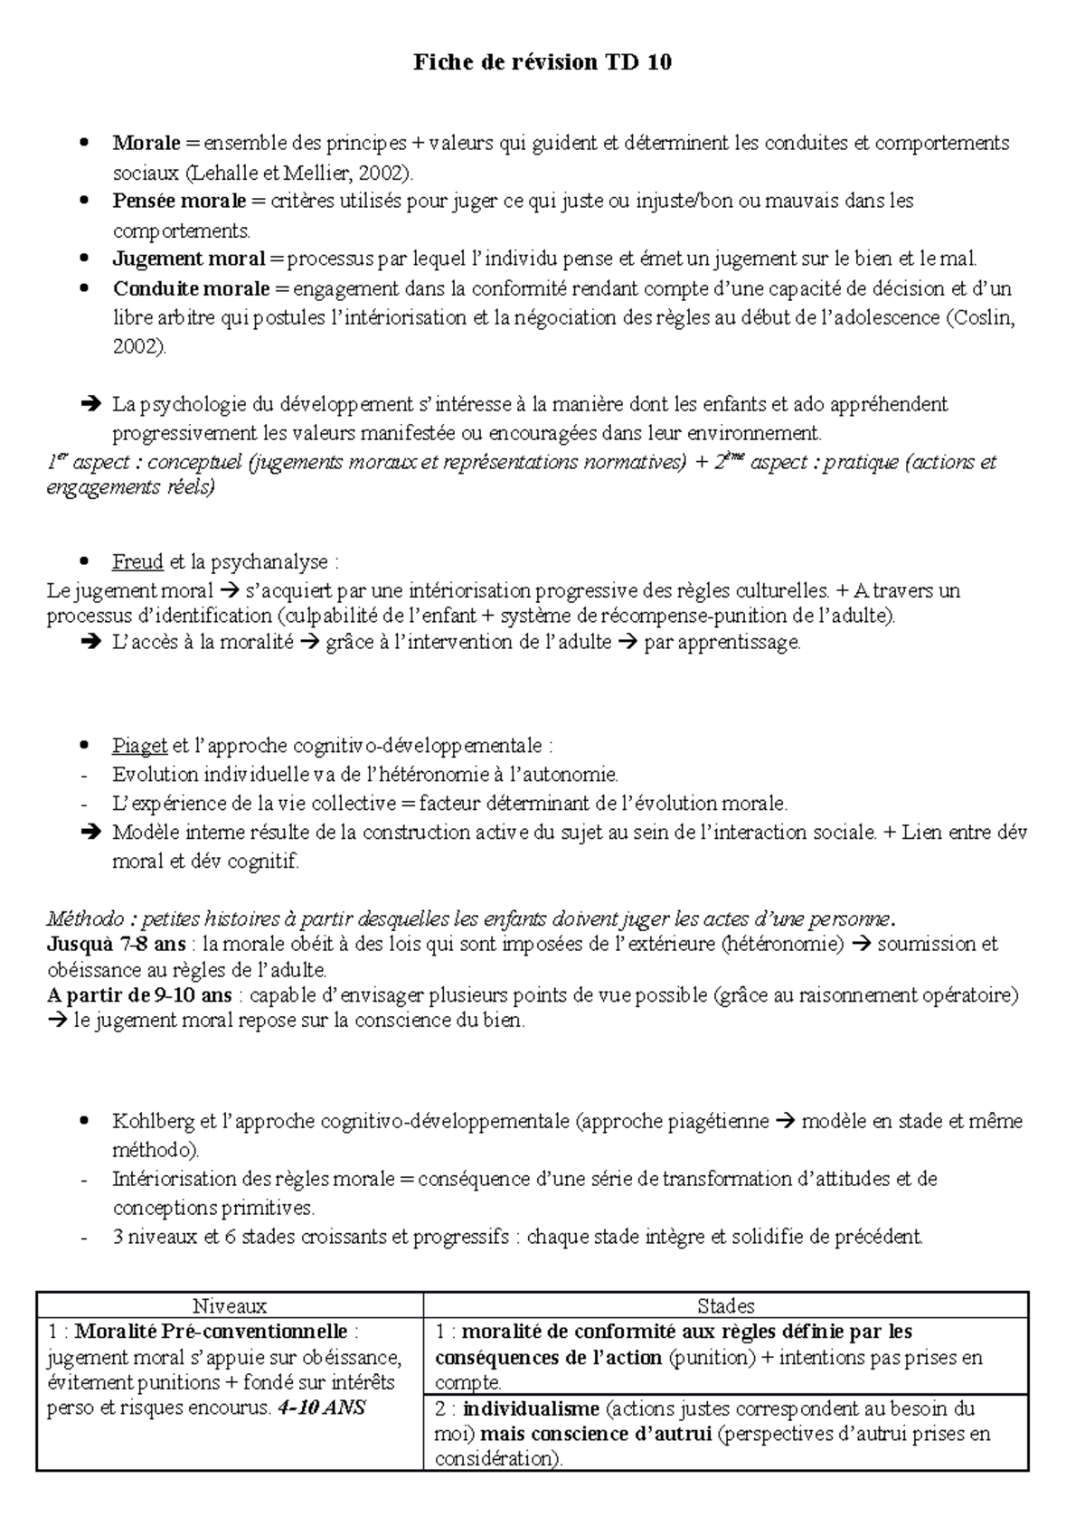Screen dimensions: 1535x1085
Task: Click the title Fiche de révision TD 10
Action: coord(542,62)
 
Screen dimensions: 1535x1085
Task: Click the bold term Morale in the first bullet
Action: coord(146,143)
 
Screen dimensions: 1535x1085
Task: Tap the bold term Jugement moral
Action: coord(188,259)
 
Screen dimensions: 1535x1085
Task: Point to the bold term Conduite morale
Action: coord(191,289)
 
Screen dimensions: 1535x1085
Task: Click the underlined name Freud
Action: coord(137,562)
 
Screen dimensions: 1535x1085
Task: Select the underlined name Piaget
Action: coord(139,746)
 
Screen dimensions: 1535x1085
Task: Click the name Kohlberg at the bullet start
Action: coord(152,1122)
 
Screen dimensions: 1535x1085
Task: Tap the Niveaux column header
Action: coord(230,1305)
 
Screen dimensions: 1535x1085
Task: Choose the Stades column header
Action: coord(725,1305)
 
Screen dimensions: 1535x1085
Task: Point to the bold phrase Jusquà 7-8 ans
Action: coord(116,945)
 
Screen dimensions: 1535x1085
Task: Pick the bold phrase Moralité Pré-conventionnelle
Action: coord(211,1332)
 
